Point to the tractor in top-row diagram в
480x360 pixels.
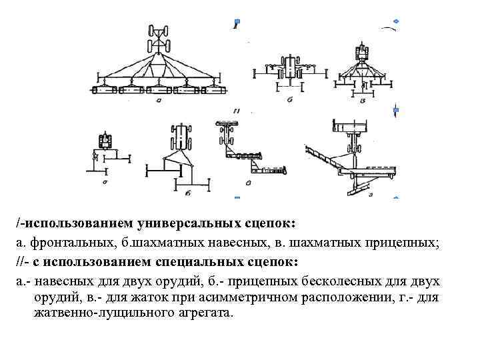(x=363, y=53)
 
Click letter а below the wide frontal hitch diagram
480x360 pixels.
(x=158, y=101)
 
